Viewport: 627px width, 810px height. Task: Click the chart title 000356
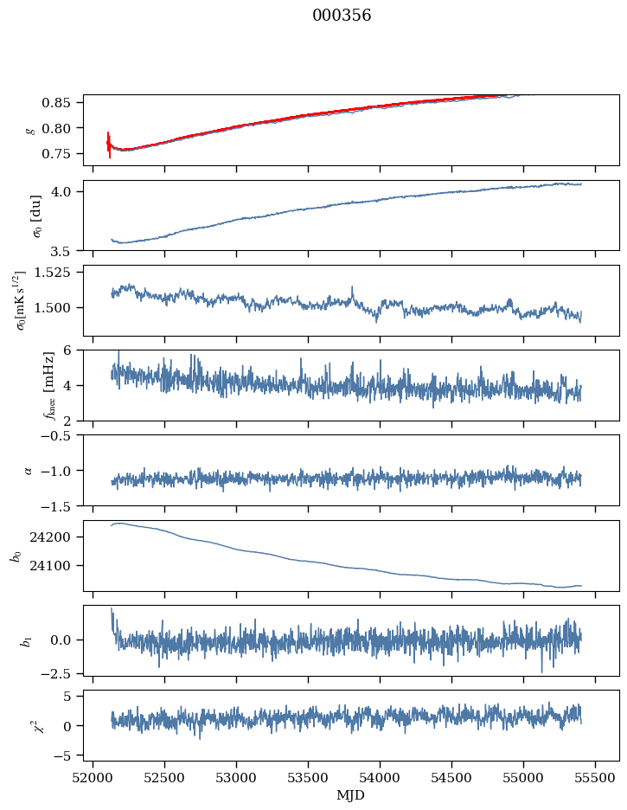(342, 16)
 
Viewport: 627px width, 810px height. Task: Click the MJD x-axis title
(351, 795)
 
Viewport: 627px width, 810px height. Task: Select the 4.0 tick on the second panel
(67, 191)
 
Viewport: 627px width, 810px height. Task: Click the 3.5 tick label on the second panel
(67, 252)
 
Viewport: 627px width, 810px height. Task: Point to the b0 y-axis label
(16, 556)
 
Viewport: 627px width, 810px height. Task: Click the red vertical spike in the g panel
(109, 144)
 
